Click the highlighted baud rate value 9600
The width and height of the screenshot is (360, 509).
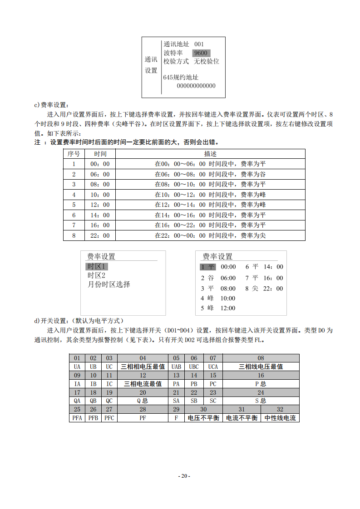[201, 53]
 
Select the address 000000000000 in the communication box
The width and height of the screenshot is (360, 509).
[196, 86]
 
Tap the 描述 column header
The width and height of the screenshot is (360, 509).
[210, 154]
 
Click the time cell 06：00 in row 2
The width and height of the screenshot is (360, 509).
[100, 174]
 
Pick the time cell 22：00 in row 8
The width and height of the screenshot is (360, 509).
[100, 235]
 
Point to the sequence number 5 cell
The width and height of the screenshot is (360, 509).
[74, 205]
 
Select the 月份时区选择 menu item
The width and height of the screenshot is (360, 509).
[108, 284]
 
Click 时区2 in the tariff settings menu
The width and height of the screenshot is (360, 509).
[96, 275]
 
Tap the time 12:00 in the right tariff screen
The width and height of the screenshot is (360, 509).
[228, 308]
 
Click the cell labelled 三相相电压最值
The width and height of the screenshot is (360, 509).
[143, 367]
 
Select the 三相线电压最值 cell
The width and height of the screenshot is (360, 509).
[261, 367]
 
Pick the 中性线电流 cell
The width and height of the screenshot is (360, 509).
[280, 418]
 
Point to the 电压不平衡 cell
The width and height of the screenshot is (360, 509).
[203, 418]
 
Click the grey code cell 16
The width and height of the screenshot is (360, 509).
[261, 375]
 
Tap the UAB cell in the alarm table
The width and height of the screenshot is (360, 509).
[176, 367]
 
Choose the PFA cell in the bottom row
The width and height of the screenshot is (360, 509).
[77, 418]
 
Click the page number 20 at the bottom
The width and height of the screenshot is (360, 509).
[184, 476]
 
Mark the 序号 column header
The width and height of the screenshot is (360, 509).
[74, 154]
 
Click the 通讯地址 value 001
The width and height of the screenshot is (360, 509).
[199, 44]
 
